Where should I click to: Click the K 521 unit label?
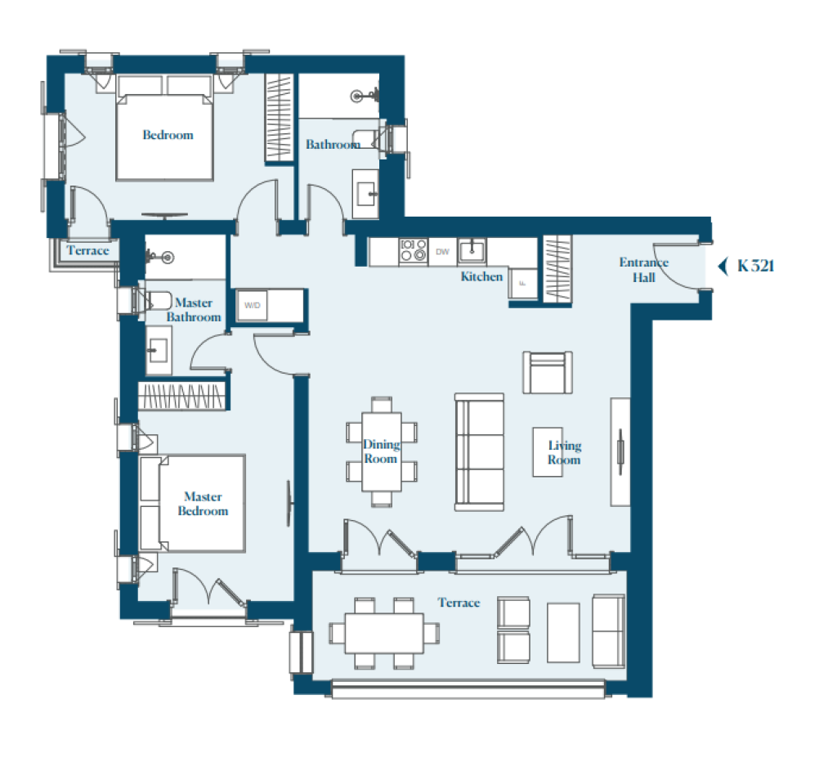point(755,266)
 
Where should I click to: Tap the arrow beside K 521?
point(723,266)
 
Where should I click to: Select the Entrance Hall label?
point(644,270)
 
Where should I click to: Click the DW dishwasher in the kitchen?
point(442,252)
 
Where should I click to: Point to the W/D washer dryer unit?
point(252,305)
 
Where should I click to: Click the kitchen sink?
point(472,250)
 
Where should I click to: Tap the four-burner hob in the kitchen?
point(414,250)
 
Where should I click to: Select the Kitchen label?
point(481,276)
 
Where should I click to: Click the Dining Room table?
point(382,452)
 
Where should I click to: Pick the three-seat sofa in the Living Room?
point(479,452)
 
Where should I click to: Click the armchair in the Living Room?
point(548,372)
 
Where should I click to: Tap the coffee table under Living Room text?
point(548,452)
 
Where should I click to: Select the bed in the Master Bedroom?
point(192,503)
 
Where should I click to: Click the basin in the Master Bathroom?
point(157,351)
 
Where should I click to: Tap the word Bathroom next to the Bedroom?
point(333,144)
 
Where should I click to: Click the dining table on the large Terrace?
point(384,633)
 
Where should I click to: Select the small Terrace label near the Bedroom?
point(87,250)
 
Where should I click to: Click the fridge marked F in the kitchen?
point(522,283)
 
